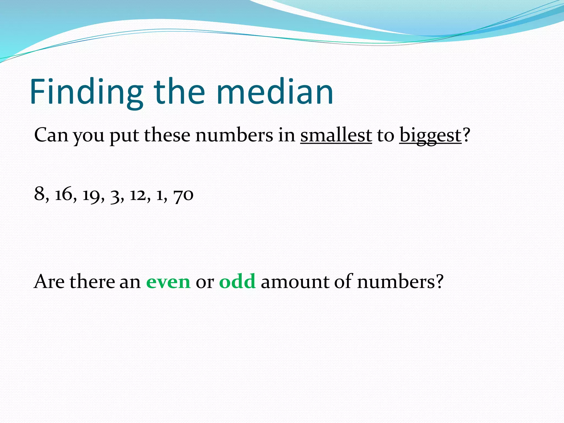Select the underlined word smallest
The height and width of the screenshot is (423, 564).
coord(336,135)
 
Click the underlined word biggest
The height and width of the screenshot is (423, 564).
coord(430,136)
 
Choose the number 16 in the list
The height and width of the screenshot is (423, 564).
coord(64,194)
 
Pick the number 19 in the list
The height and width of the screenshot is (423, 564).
coord(91,195)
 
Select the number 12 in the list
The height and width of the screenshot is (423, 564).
coord(138,194)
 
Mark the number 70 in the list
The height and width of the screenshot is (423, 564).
coord(183,195)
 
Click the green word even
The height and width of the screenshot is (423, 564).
coord(168,282)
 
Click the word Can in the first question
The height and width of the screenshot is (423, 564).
coord(51,135)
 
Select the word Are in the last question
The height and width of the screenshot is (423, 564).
coord(49,282)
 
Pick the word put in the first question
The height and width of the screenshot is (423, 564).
coord(124,136)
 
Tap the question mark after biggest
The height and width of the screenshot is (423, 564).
coord(466,135)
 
